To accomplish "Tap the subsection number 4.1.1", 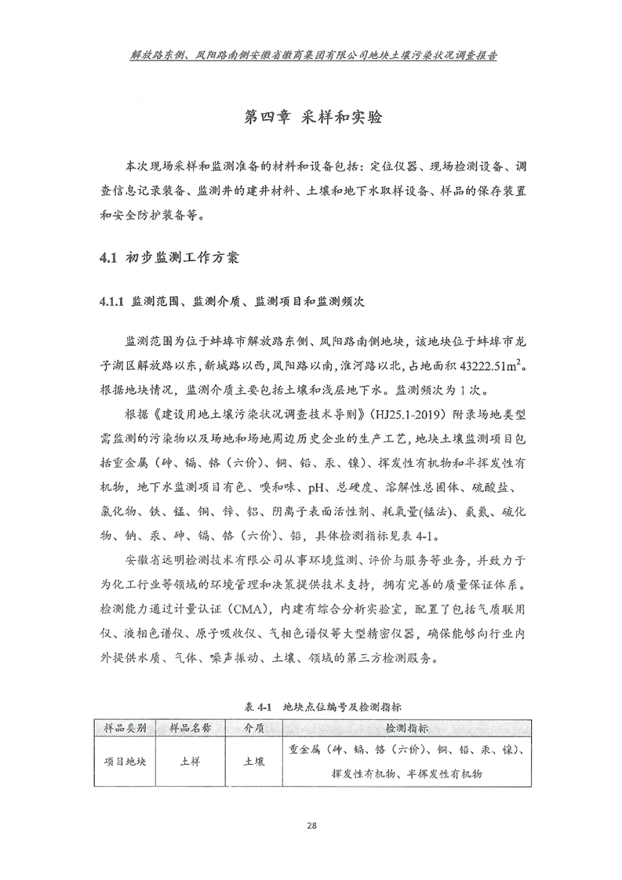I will [x=108, y=301].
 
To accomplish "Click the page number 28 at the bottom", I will [x=311, y=824].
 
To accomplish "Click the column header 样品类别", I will [x=125, y=728].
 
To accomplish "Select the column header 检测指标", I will [x=406, y=728].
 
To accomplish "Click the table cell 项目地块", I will [x=125, y=761].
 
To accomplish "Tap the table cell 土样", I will [x=190, y=761].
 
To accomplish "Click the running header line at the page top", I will [x=311, y=56].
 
